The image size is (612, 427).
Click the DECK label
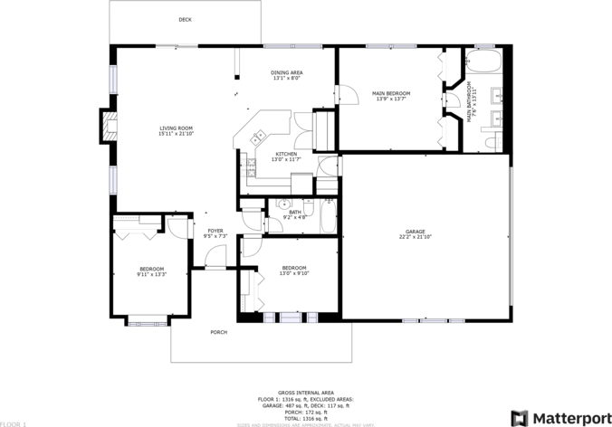185,19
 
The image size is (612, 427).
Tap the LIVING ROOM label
177,129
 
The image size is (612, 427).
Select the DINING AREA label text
287,72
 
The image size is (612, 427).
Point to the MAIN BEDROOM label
391,93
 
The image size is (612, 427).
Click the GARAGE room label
416,231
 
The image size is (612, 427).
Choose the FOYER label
215,231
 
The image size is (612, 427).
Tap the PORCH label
218,332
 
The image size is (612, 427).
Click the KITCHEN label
286,154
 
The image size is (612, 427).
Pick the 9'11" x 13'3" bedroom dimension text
151,274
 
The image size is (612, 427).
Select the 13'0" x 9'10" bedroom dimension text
294,272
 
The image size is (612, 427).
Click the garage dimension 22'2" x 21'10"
416,237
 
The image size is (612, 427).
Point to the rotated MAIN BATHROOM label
470,107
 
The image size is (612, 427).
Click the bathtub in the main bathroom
485,62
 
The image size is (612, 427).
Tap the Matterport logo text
569,417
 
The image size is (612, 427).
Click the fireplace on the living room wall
108,128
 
